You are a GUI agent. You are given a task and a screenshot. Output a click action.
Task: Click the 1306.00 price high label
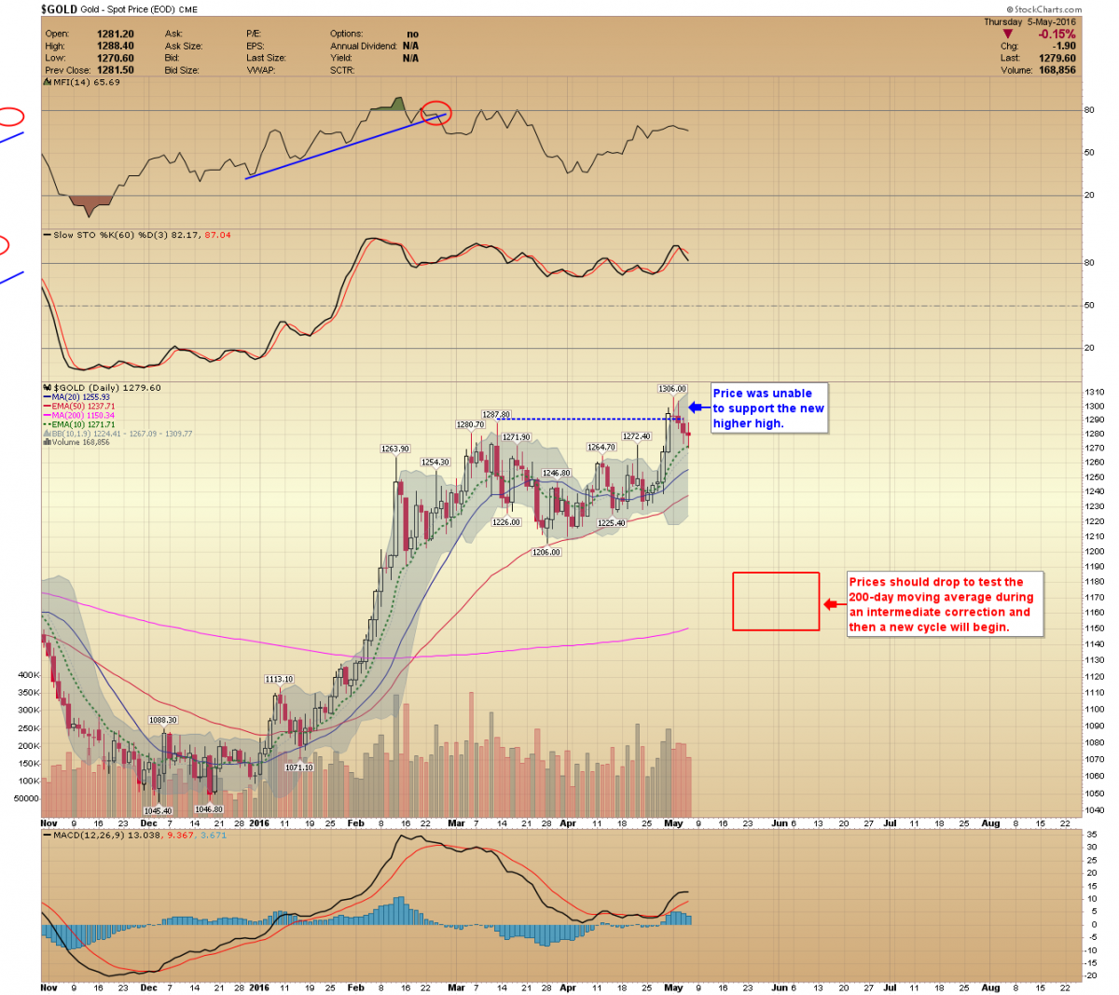click(671, 389)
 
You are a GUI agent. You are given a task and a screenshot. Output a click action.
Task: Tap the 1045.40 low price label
click(158, 810)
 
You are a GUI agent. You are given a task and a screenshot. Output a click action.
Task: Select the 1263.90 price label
click(395, 449)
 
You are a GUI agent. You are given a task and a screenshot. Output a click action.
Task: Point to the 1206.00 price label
click(546, 552)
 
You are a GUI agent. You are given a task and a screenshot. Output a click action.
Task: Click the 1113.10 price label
click(279, 679)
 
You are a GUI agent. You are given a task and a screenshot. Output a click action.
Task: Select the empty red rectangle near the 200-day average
click(776, 601)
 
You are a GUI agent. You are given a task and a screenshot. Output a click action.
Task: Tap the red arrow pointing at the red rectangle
click(832, 604)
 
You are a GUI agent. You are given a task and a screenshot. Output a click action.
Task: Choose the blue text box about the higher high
click(768, 408)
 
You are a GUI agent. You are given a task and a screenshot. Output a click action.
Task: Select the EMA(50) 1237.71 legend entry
click(83, 407)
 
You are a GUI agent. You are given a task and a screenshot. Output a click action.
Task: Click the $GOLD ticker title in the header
click(59, 9)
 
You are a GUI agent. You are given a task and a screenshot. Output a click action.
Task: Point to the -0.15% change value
click(1057, 35)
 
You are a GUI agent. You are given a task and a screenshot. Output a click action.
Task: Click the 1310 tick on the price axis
click(1094, 393)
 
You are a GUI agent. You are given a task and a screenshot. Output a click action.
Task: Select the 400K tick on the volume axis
click(28, 674)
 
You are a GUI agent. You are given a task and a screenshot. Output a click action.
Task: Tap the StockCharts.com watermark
click(1047, 9)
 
